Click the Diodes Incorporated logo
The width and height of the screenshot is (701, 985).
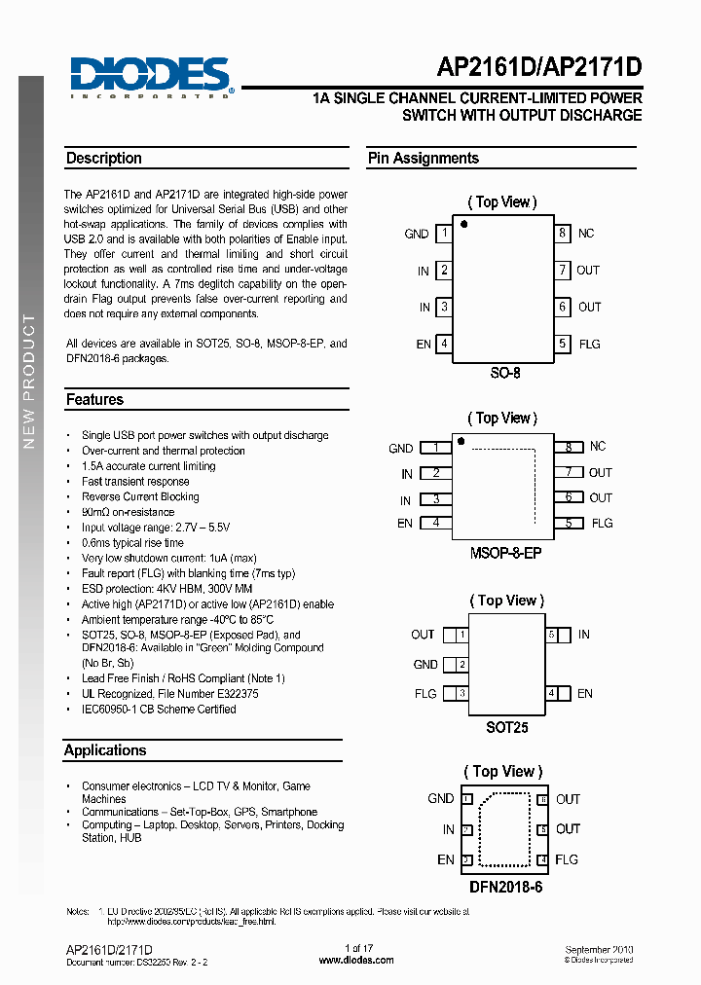pos(150,76)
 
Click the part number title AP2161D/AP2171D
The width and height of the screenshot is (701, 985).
pos(539,68)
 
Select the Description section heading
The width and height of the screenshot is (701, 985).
pos(104,159)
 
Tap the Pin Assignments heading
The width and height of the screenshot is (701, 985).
pos(424,159)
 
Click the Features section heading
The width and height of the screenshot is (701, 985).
pos(94,400)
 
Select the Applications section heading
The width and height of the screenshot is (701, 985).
pos(105,750)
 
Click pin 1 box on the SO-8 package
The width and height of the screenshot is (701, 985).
pos(444,234)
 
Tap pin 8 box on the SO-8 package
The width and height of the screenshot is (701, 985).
pos(562,234)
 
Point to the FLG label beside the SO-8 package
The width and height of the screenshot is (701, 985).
pos(590,344)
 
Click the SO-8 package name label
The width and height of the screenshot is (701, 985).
pos(504,373)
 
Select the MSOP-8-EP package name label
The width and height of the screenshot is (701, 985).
pos(504,553)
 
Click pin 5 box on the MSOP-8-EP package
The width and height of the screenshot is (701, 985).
pos(568,523)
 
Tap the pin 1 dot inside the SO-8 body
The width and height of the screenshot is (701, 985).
pos(464,225)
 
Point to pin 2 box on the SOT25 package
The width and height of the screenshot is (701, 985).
pos(462,665)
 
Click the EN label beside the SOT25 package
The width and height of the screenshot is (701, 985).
pos(584,694)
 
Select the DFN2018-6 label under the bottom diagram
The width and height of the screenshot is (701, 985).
pos(504,887)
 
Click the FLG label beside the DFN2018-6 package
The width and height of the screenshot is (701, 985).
pos(567,859)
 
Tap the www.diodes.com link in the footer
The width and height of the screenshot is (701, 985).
pos(356,960)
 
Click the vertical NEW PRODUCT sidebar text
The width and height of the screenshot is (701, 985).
pos(29,380)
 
